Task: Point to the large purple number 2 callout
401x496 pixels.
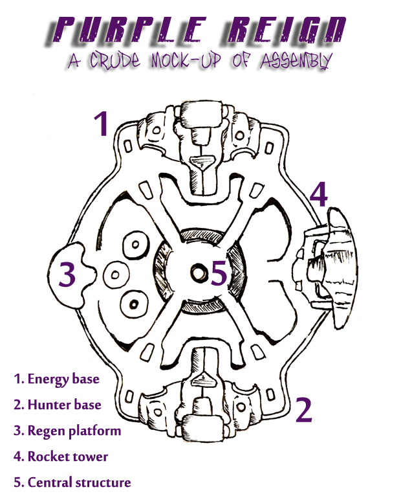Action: [303, 409]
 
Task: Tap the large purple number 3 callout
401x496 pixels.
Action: [68, 275]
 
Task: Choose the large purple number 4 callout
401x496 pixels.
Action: [319, 194]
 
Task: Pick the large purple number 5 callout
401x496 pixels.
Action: [219, 274]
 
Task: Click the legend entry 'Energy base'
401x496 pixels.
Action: [56, 379]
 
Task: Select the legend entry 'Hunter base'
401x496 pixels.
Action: [57, 405]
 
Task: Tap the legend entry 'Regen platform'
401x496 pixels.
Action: [67, 431]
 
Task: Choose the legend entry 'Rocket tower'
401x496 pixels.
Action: [60, 457]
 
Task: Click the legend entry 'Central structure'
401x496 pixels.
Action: [72, 482]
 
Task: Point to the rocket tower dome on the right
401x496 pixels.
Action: [343, 266]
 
